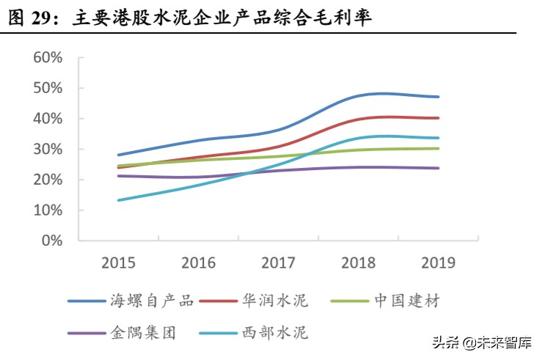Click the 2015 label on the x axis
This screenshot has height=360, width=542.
point(118,262)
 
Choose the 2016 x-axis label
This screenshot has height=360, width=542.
point(198,262)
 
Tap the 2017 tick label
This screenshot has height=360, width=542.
point(279,262)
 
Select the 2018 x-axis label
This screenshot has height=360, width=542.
point(359,262)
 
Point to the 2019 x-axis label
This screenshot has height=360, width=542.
point(439,262)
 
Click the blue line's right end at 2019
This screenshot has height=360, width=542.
point(439,97)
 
